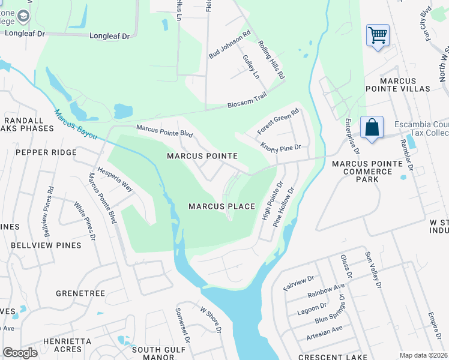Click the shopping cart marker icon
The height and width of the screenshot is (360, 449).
[x=378, y=35]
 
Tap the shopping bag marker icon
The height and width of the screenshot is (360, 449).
[x=372, y=127]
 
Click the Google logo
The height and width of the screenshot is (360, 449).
[x=20, y=353]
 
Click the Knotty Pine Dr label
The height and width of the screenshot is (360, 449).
[x=280, y=146]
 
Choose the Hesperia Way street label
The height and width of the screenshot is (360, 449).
[x=115, y=179]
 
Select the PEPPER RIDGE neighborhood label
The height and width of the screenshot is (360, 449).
[x=46, y=152]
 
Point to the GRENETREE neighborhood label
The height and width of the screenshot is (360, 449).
[x=80, y=293]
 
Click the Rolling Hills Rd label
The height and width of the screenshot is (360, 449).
[x=271, y=61]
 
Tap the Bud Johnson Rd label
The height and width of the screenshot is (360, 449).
[x=229, y=44]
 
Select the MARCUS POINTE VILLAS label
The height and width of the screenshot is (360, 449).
[x=406, y=84]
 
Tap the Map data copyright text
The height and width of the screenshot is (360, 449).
[x=423, y=355]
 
